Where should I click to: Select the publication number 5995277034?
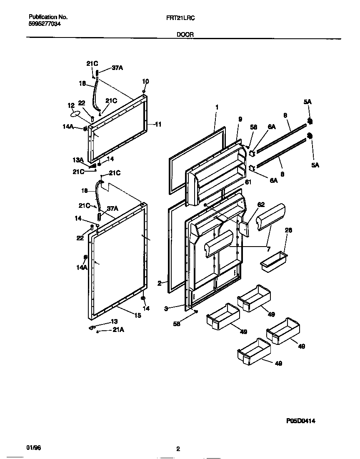click(45, 24)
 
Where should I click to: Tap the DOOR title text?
click(184, 35)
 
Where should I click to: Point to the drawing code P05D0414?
click(300, 421)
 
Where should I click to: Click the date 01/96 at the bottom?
click(34, 447)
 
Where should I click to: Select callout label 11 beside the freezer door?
click(158, 124)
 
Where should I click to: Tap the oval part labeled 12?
click(75, 114)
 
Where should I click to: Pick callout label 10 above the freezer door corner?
click(145, 81)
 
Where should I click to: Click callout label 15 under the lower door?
click(137, 315)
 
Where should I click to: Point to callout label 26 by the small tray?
click(288, 230)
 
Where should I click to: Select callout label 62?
click(261, 205)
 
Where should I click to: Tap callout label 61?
click(248, 182)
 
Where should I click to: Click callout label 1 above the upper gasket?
click(217, 107)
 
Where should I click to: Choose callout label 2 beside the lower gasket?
click(159, 283)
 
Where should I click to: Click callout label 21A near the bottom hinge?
click(118, 330)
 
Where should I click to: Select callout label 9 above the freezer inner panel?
click(240, 119)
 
